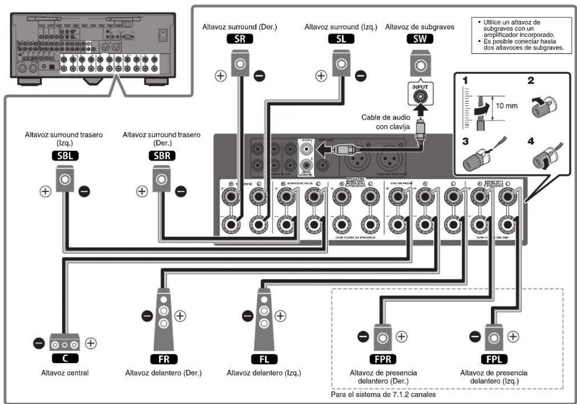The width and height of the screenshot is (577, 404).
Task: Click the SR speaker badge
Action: (240, 39)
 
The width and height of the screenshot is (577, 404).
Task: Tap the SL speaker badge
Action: (341, 39)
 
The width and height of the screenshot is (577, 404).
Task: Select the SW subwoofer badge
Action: (419, 39)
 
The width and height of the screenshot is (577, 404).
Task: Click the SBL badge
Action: (65, 156)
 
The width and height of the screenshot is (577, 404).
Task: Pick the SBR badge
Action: (162, 156)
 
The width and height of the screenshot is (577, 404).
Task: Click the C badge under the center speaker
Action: (65, 358)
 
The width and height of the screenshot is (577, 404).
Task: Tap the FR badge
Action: (163, 359)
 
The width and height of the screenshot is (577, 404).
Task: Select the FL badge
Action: (264, 359)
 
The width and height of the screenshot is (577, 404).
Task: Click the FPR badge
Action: (383, 359)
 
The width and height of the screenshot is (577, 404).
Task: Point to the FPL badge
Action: (494, 359)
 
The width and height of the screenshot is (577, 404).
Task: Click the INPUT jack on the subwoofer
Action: (420, 96)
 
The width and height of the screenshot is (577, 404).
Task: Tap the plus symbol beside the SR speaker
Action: (220, 76)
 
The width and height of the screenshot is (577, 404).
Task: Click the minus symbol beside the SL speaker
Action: (360, 76)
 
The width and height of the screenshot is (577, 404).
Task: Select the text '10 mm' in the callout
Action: (507, 106)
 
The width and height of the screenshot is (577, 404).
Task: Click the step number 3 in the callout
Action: (465, 141)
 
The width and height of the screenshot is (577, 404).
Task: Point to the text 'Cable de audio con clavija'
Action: (386, 122)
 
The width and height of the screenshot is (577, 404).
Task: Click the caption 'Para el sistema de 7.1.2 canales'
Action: (383, 394)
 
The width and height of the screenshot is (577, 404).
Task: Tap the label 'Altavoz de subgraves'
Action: (419, 27)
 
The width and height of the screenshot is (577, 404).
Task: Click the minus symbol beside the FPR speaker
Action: (363, 337)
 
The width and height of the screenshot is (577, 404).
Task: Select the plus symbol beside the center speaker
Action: (91, 343)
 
